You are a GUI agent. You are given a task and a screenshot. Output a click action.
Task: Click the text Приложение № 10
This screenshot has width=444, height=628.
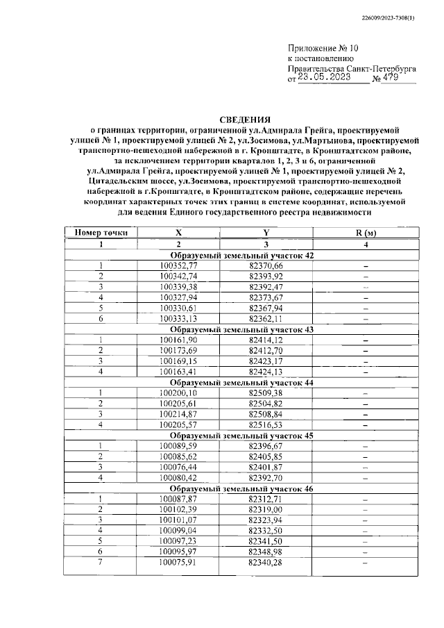(x=323, y=49)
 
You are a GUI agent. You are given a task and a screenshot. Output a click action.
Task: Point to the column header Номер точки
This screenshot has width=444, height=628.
(x=101, y=233)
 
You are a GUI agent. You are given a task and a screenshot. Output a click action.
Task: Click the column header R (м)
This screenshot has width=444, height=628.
(x=365, y=233)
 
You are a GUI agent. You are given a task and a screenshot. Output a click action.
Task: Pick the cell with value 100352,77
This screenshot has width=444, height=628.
(x=178, y=266)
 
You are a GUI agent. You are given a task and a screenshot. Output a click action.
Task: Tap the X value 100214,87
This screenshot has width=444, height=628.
(x=178, y=413)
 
